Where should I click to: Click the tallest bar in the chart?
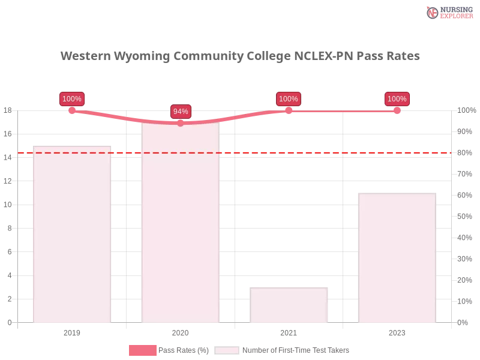point(180,222)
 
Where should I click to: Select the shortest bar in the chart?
point(290,305)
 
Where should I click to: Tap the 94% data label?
point(181,112)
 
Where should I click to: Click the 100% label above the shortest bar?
point(288,99)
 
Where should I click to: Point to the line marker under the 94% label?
point(180,123)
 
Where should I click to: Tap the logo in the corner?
point(448,12)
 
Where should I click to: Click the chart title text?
point(240,56)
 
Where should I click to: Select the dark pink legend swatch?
point(142,350)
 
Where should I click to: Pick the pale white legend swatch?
point(227,350)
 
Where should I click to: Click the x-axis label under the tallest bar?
point(180,331)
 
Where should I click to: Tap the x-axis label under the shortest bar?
point(288,331)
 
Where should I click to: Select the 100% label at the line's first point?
point(72,99)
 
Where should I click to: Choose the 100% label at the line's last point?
point(397,99)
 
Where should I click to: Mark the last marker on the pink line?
point(397,110)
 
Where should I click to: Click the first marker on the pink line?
point(72,110)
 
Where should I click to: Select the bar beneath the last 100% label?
point(396,258)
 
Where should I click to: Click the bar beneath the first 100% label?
point(72,234)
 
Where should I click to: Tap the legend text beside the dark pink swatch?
point(185,350)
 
